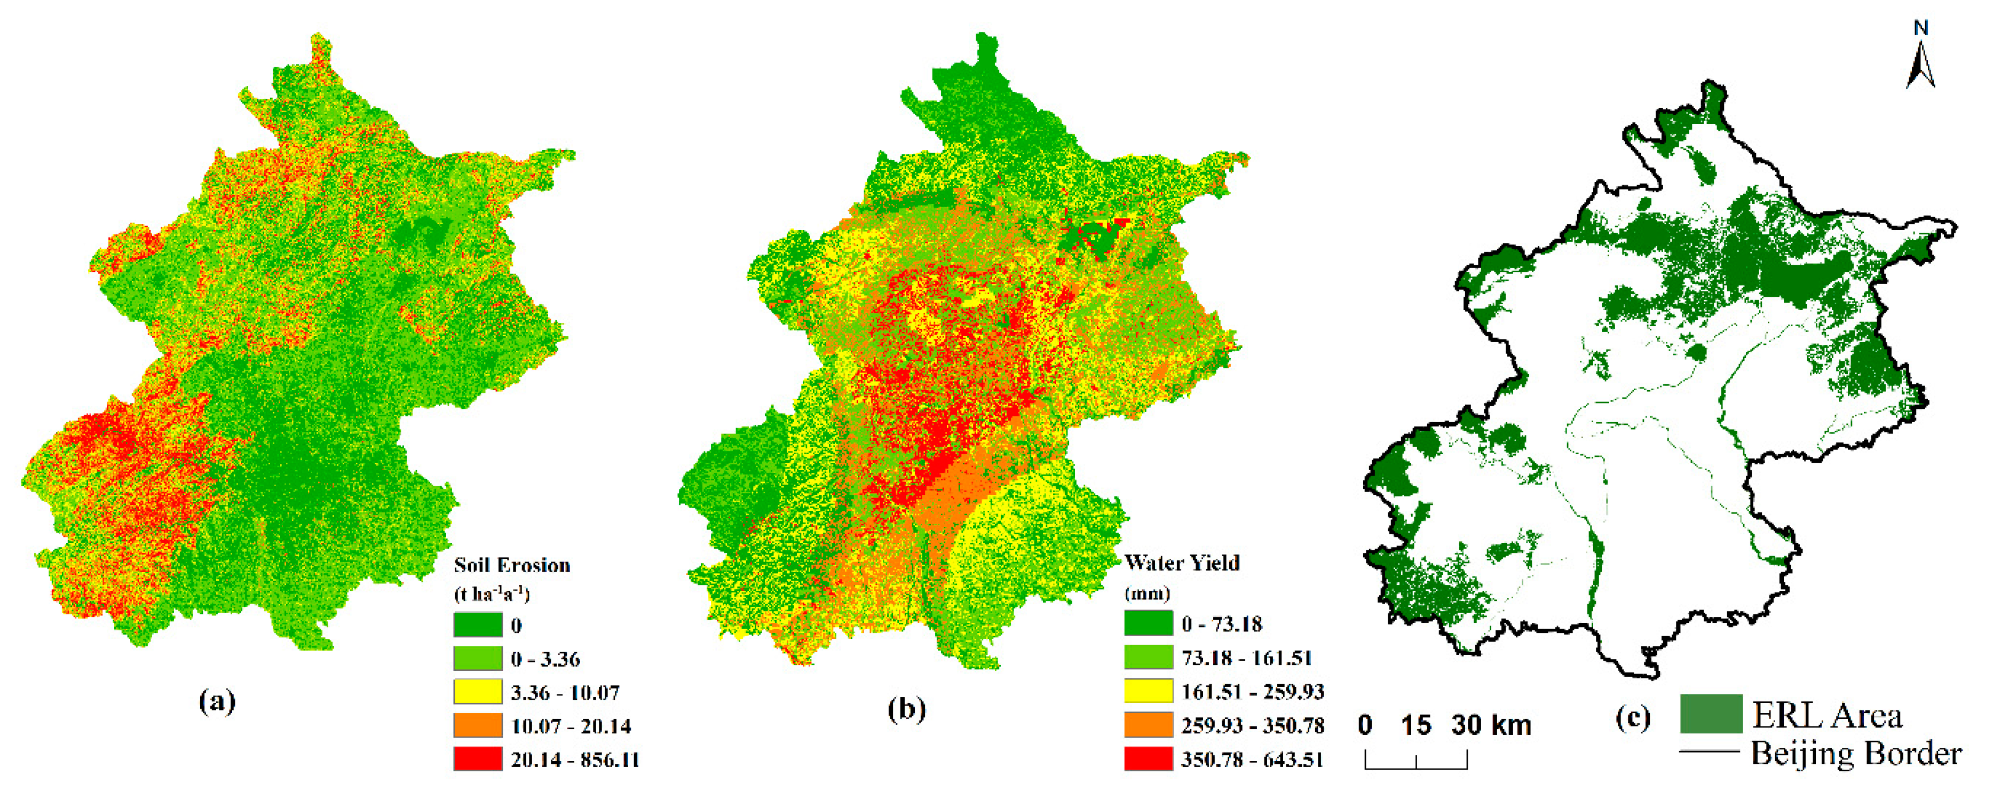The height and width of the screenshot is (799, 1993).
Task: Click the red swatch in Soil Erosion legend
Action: point(477,759)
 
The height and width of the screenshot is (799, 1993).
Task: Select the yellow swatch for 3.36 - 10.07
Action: point(477,692)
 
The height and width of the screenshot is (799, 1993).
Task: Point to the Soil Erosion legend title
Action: point(512,565)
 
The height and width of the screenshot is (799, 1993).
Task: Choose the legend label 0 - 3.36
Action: point(545,659)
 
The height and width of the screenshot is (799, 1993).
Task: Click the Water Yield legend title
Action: point(1181,563)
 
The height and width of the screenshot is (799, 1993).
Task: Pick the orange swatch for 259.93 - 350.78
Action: point(1148,725)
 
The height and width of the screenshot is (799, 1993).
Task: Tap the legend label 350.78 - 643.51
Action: point(1252,760)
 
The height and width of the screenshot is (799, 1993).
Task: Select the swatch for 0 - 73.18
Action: point(1148,623)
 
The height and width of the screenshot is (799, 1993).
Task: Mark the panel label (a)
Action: point(217,701)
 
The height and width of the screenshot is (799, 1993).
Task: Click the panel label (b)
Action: point(906,708)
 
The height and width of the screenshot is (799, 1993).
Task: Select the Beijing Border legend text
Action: point(1856,753)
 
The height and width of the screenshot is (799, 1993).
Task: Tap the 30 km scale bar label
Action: point(1491,725)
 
